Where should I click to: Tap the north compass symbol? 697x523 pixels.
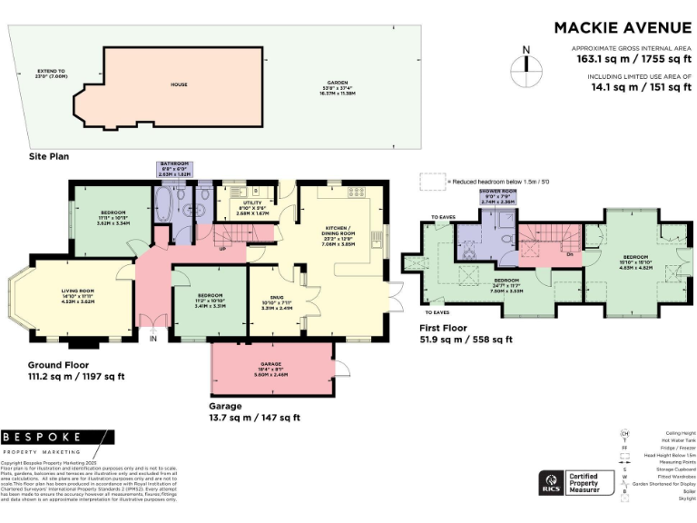(x=524, y=65)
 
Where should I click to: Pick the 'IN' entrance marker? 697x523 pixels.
(x=153, y=339)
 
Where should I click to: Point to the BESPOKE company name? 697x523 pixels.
(x=44, y=438)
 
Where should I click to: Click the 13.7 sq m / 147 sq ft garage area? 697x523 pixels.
(x=254, y=419)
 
